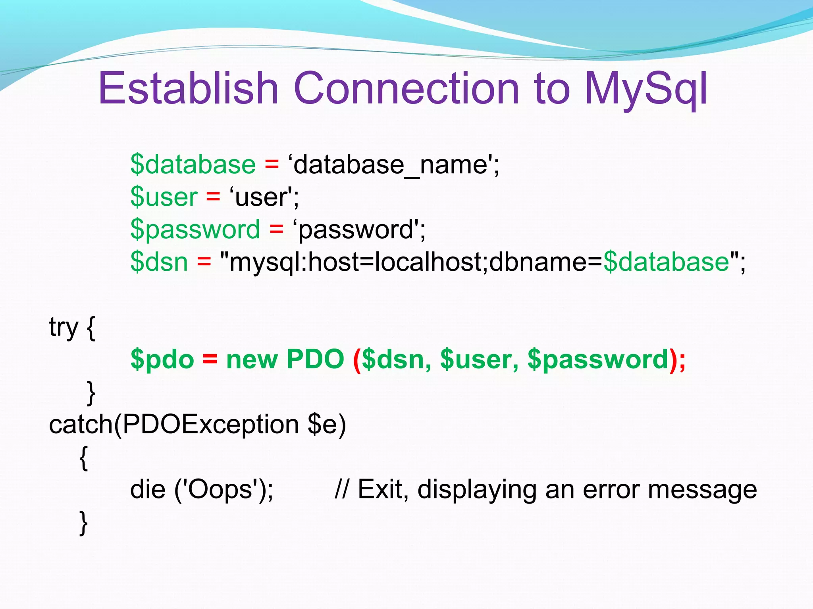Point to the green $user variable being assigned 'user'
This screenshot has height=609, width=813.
[x=164, y=197]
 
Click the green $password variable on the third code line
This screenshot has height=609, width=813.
[x=195, y=229]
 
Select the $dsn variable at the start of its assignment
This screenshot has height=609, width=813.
[x=159, y=262]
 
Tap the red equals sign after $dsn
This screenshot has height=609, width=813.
[x=204, y=262]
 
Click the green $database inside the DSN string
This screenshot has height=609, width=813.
[x=666, y=262]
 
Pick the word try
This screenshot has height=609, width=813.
[x=64, y=327]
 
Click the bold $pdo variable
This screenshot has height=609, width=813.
[x=162, y=360]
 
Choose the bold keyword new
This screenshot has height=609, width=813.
[x=252, y=360]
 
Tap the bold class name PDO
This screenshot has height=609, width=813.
[x=315, y=359]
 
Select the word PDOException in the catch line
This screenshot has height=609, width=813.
[x=210, y=424]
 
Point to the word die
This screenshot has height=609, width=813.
[x=148, y=489]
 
